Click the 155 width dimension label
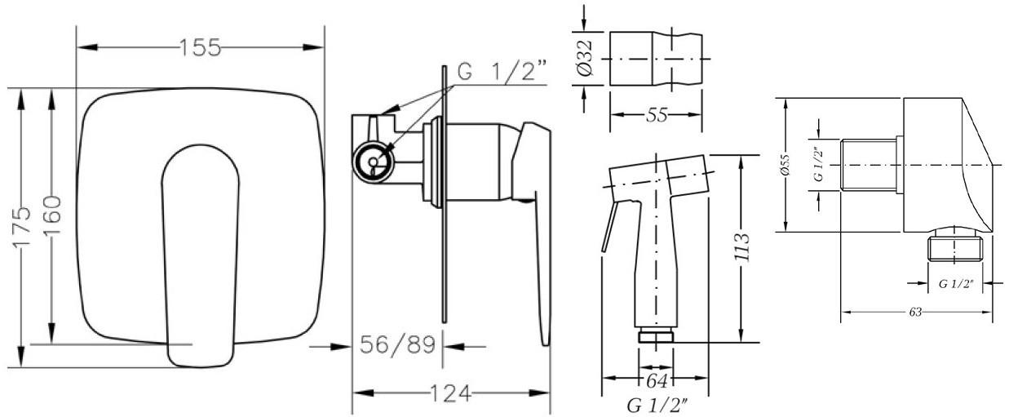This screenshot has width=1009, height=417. pos(201,47)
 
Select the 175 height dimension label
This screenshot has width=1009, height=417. pos(22,226)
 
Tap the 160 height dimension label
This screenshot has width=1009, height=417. pos(52,215)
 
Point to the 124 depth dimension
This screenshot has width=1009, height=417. pos(451,393)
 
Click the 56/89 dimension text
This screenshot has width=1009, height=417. pos(398,345)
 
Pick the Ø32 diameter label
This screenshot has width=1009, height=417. pos(585,59)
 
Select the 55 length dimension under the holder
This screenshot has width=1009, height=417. pos(657,115)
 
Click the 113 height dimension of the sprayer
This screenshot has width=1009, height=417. pos(741,246)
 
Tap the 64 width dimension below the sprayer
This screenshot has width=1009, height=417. pos(657,381)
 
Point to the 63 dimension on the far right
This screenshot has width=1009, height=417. pos(915,312)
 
